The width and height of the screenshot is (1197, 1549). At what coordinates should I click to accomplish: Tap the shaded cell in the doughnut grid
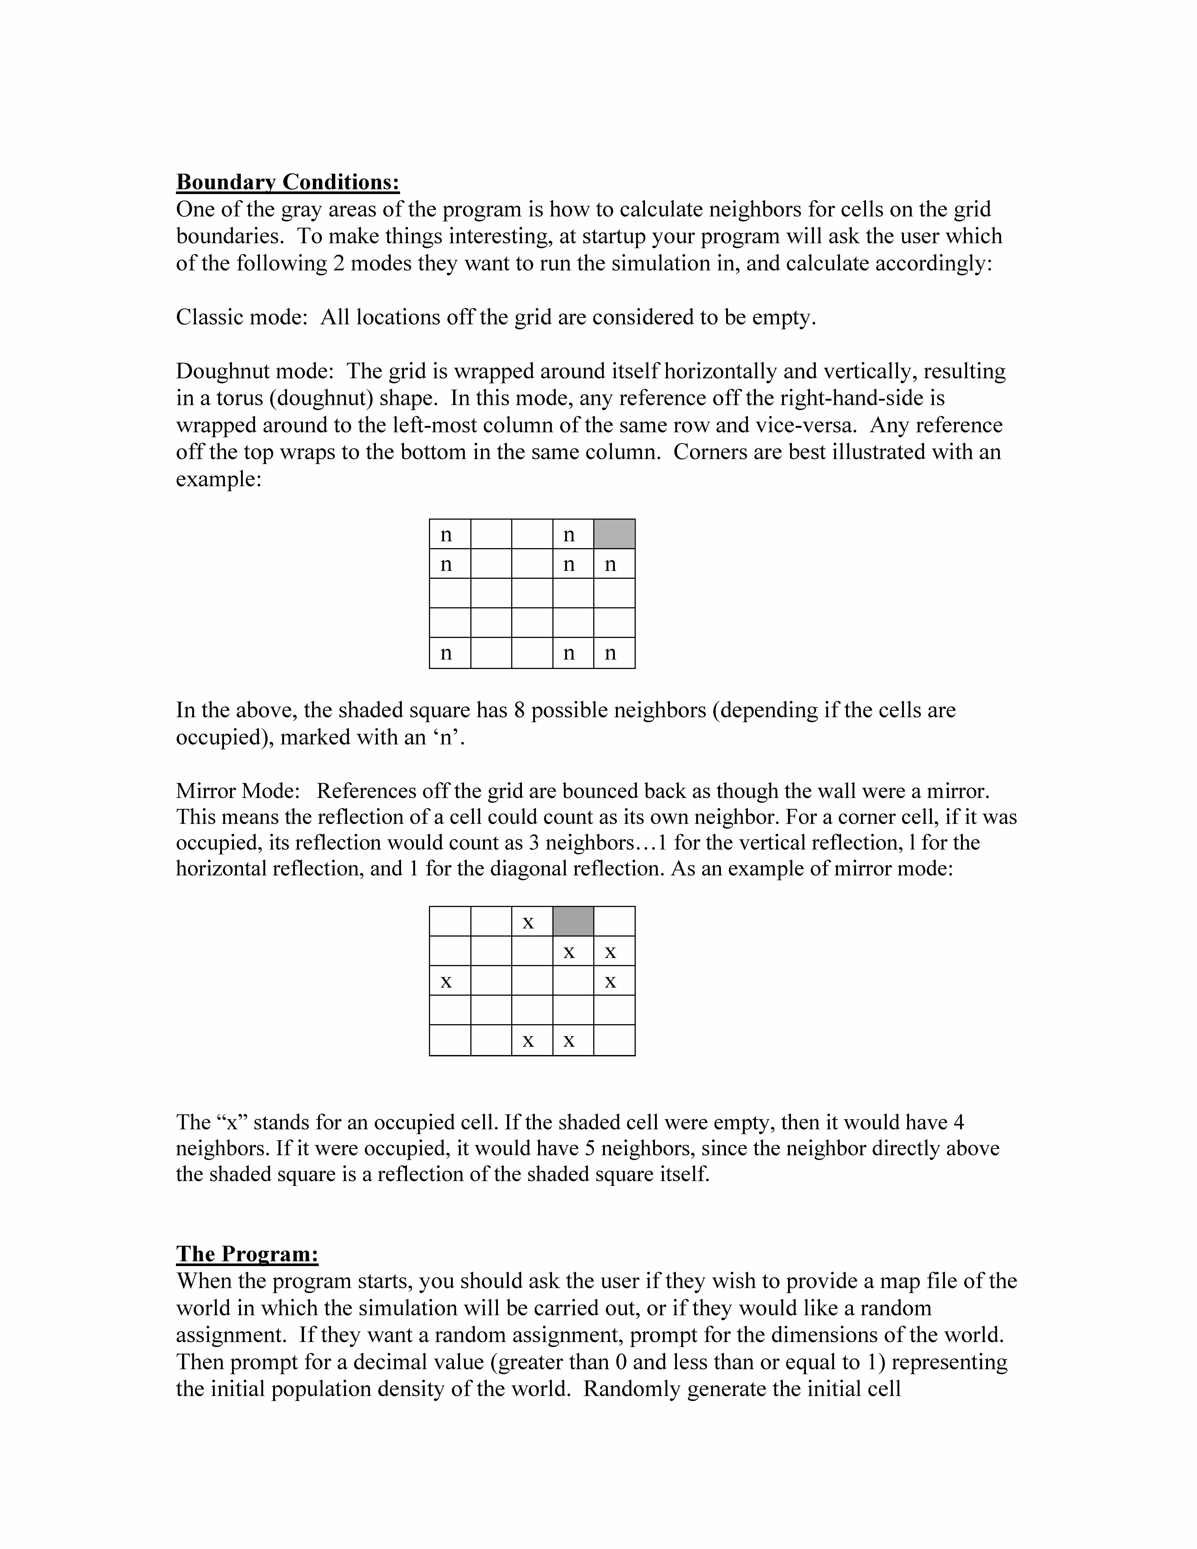[x=614, y=534]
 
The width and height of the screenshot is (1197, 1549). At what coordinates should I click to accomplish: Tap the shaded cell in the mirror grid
[x=573, y=921]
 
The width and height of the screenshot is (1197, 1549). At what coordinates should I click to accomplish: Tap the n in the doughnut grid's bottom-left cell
[x=446, y=653]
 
